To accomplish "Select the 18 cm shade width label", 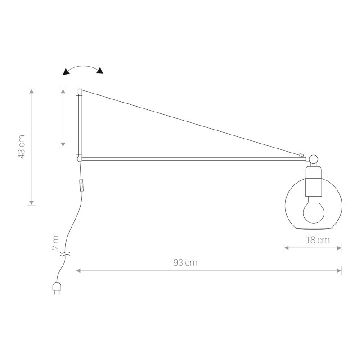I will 318,240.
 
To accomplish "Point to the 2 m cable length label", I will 55,242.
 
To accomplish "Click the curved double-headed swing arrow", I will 83,69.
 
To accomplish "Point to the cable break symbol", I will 66,255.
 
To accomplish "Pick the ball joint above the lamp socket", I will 313,158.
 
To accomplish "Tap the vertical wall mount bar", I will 79,124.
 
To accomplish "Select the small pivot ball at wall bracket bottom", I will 79,158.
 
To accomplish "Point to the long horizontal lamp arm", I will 189,158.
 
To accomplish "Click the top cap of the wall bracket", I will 80,91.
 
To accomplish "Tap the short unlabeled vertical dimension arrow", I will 63,118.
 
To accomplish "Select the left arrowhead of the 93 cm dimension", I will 78,270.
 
